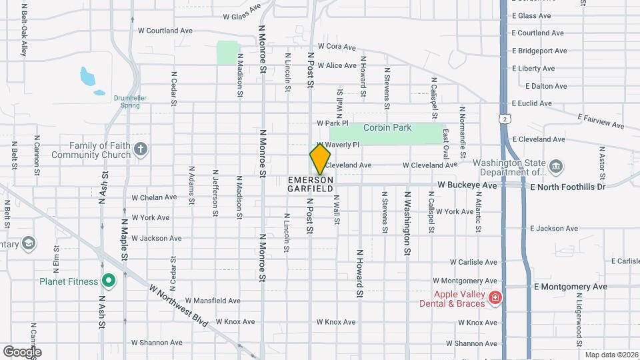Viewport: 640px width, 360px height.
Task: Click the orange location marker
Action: click(x=320, y=159)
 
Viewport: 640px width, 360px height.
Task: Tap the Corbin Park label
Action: click(x=387, y=127)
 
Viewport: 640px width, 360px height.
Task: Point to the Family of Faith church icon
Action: click(x=140, y=149)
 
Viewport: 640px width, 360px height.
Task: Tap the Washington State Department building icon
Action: click(x=555, y=166)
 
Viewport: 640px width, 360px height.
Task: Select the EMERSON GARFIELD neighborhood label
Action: click(x=311, y=185)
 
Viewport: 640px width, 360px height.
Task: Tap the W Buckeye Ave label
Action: click(x=467, y=185)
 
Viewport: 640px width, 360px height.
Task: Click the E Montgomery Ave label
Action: click(x=571, y=287)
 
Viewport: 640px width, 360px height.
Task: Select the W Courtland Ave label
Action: click(x=165, y=31)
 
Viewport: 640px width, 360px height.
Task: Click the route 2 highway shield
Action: click(x=508, y=118)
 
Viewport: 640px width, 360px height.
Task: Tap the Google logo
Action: click(x=22, y=351)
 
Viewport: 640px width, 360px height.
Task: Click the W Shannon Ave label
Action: click(x=156, y=343)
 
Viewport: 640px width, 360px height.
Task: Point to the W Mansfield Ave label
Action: click(x=213, y=301)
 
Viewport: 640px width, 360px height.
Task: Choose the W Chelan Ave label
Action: click(x=154, y=197)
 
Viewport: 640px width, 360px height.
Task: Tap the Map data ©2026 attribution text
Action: click(x=610, y=355)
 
